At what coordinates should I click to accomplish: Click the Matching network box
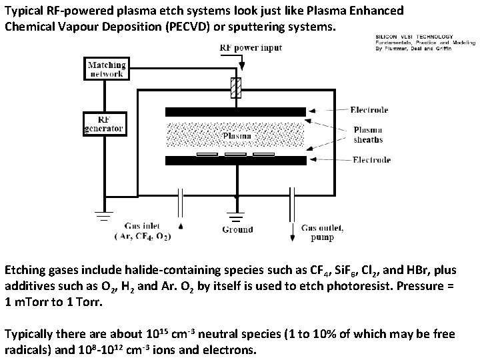coord(105,69)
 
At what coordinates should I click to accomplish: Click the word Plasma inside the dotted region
coord(236,135)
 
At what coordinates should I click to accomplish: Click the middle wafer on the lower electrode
coord(235,155)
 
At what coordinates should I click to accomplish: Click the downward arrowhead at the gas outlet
coord(291,237)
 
